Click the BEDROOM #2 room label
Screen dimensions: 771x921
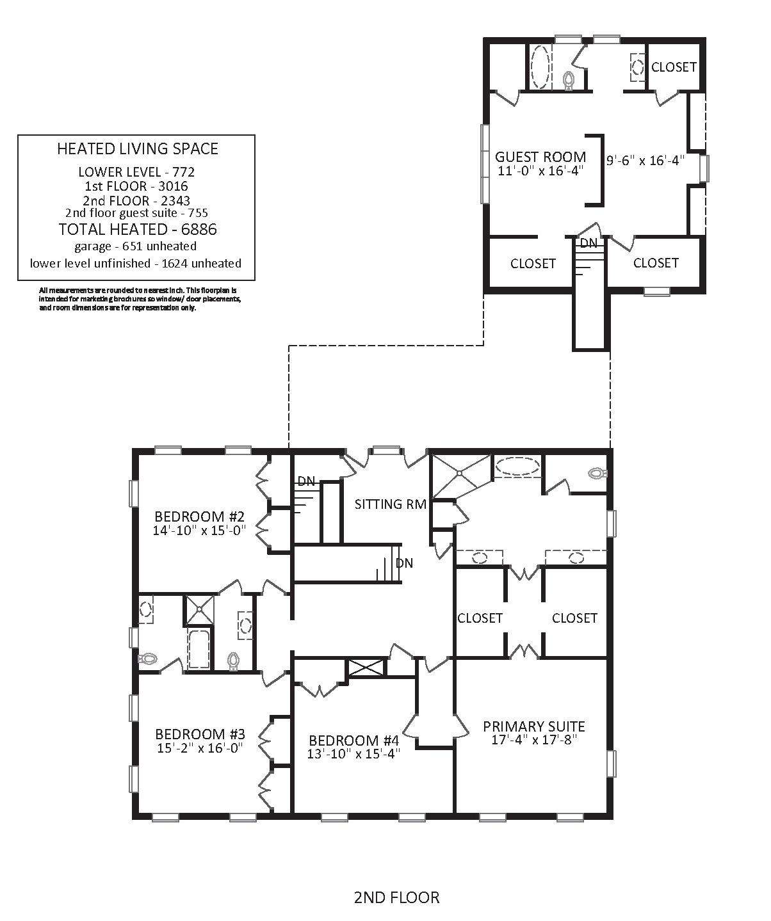[x=200, y=516]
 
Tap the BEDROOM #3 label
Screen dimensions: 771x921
[x=200, y=734]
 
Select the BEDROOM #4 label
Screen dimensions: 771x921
[x=354, y=740]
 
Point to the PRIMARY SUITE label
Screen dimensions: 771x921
[x=534, y=726]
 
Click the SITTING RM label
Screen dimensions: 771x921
[x=391, y=504]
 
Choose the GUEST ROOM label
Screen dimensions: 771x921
[x=540, y=157]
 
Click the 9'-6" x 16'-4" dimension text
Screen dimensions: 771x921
[x=645, y=160]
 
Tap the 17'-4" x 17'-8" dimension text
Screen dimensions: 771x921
[x=535, y=740]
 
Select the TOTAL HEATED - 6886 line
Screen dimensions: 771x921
[x=138, y=229]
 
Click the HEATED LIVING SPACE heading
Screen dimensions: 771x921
[x=138, y=148]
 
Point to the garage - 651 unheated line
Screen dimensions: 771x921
[x=136, y=246]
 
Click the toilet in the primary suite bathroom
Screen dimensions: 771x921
[x=597, y=473]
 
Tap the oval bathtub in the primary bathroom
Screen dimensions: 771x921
[x=517, y=466]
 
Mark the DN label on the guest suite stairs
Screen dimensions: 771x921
[x=588, y=243]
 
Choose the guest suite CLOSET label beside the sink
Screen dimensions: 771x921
[x=674, y=67]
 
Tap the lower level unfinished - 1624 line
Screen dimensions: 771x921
[x=136, y=263]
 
